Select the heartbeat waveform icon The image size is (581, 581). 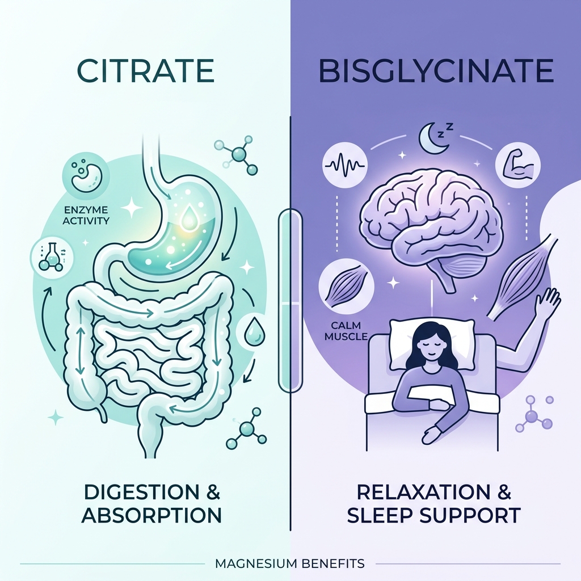point(344,165)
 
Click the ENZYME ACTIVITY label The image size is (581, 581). point(86,215)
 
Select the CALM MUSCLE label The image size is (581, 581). point(346,331)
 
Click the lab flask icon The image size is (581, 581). point(50,256)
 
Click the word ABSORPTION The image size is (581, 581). point(151,515)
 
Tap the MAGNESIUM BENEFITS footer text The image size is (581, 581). point(290,563)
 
